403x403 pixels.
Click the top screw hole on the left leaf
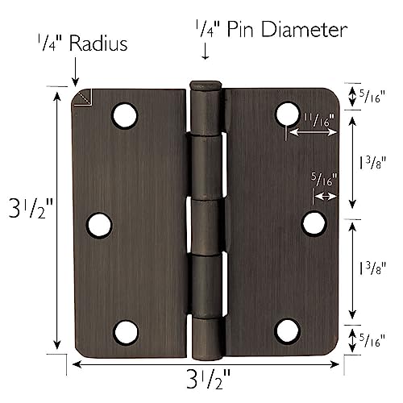point(124,116)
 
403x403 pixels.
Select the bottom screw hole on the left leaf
point(127,330)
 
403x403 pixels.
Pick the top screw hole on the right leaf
point(288,114)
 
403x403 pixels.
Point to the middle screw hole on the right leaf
point(313,222)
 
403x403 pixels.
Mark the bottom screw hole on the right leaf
point(288,330)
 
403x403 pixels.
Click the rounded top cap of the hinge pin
point(206,85)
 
